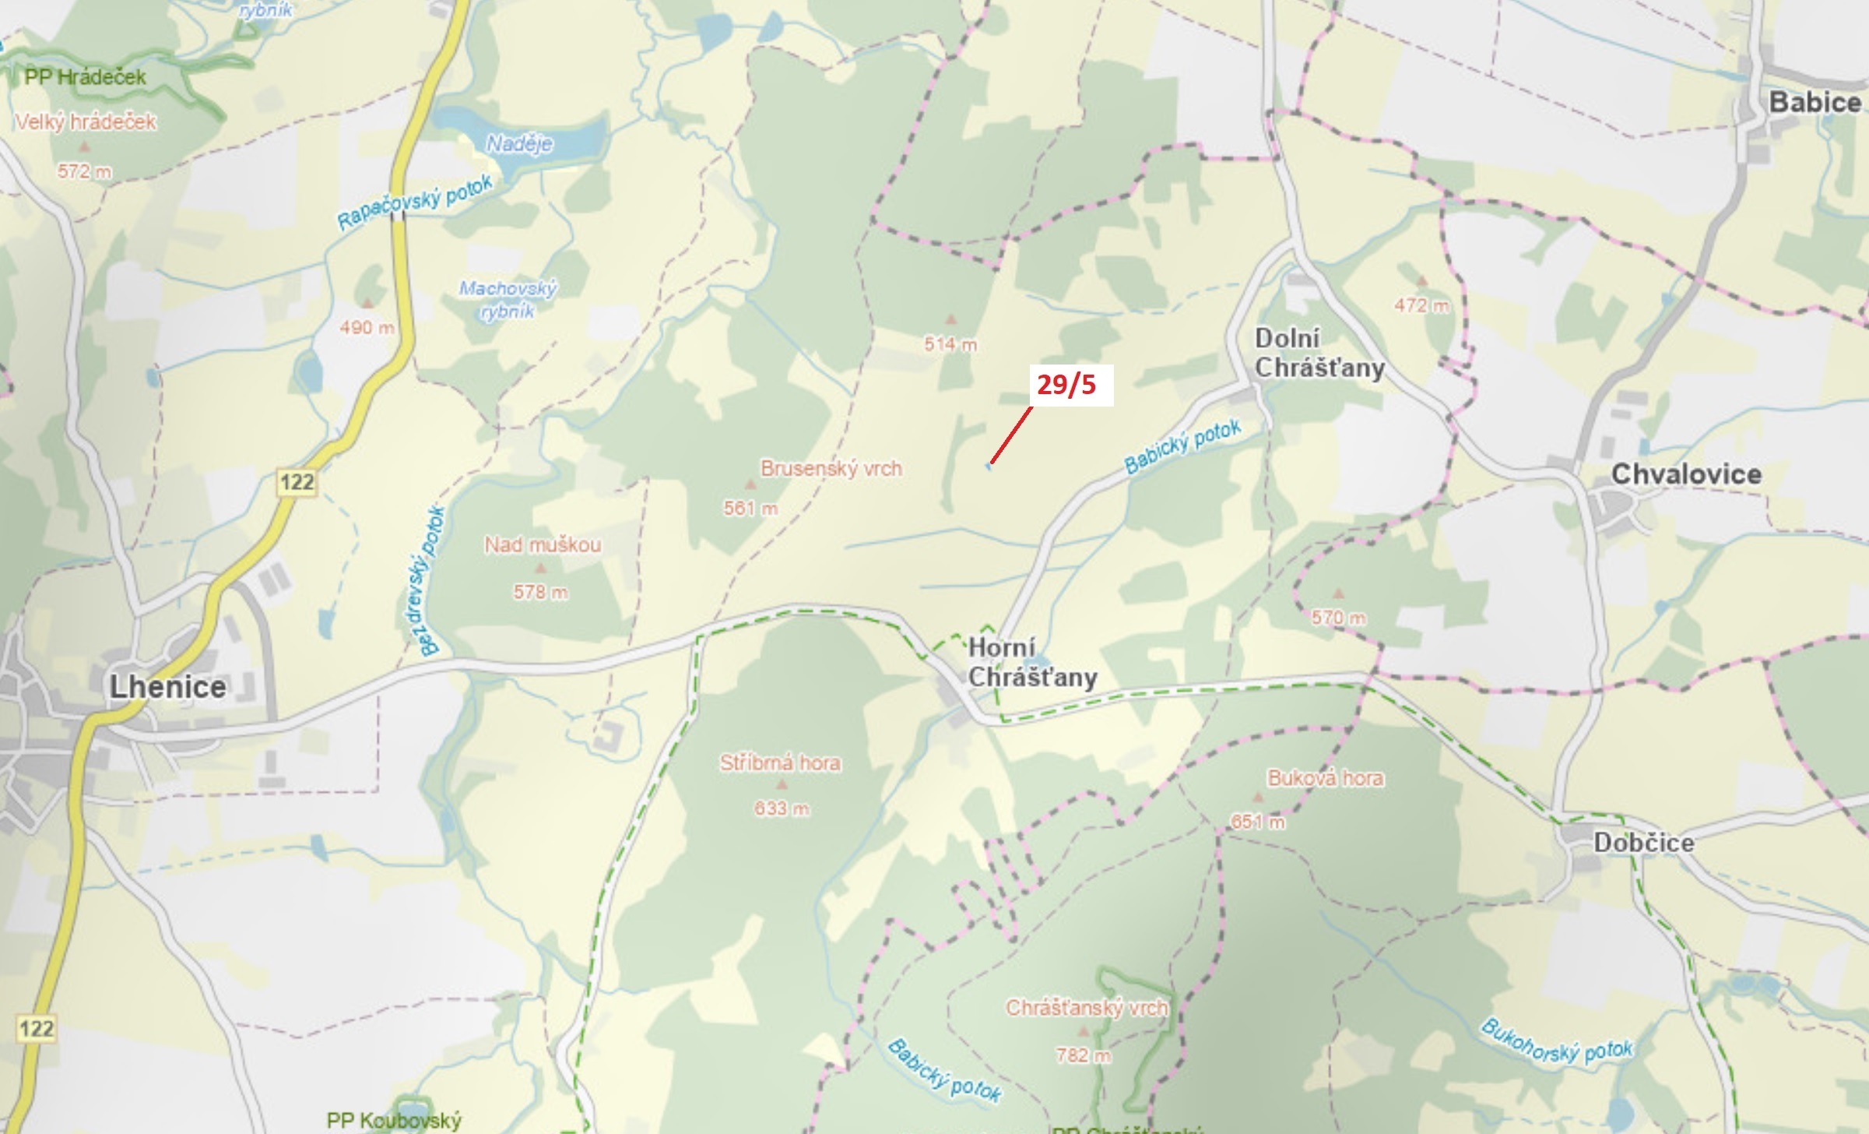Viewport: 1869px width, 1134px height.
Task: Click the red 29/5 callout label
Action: pos(1066,385)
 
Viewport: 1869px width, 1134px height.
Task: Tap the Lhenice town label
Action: pos(168,687)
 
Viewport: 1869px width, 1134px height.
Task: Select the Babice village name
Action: pos(1815,102)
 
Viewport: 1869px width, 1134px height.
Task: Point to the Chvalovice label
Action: pos(1686,474)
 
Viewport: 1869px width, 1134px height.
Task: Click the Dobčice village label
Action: pos(1643,843)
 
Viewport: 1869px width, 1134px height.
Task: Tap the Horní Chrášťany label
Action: pos(1031,662)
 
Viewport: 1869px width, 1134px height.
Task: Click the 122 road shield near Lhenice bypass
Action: pos(297,482)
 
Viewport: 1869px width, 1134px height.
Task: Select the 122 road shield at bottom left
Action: pos(37,1029)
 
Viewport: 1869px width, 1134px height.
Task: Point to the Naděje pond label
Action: pos(519,144)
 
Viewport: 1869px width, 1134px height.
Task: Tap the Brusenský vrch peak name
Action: pos(831,469)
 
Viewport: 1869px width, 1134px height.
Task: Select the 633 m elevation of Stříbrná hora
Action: pos(781,809)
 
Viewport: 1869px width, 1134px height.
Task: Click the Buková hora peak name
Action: pos(1326,778)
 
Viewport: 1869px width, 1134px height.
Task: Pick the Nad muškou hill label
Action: pos(543,544)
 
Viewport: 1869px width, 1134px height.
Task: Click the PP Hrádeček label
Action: pos(86,77)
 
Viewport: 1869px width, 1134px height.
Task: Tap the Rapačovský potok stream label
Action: pos(415,202)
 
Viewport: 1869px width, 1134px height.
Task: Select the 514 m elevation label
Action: pos(950,344)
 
